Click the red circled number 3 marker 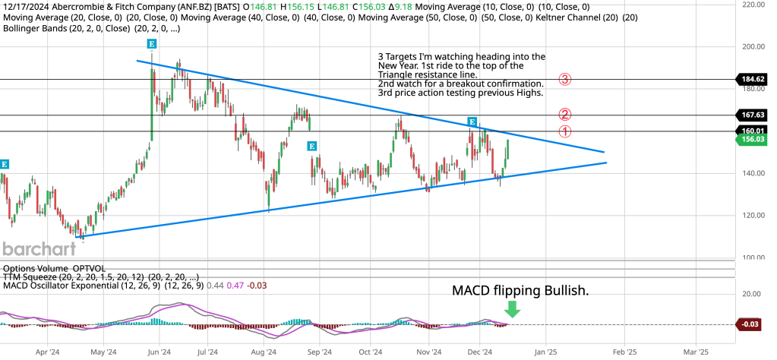coord(564,78)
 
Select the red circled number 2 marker coord(564,115)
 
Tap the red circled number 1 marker coord(564,131)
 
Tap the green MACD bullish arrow coord(512,308)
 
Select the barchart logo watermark coord(39,249)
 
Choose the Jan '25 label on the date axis coord(545,352)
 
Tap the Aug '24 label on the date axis coord(263,352)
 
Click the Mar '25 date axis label coord(696,352)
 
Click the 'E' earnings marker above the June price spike coord(152,44)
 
